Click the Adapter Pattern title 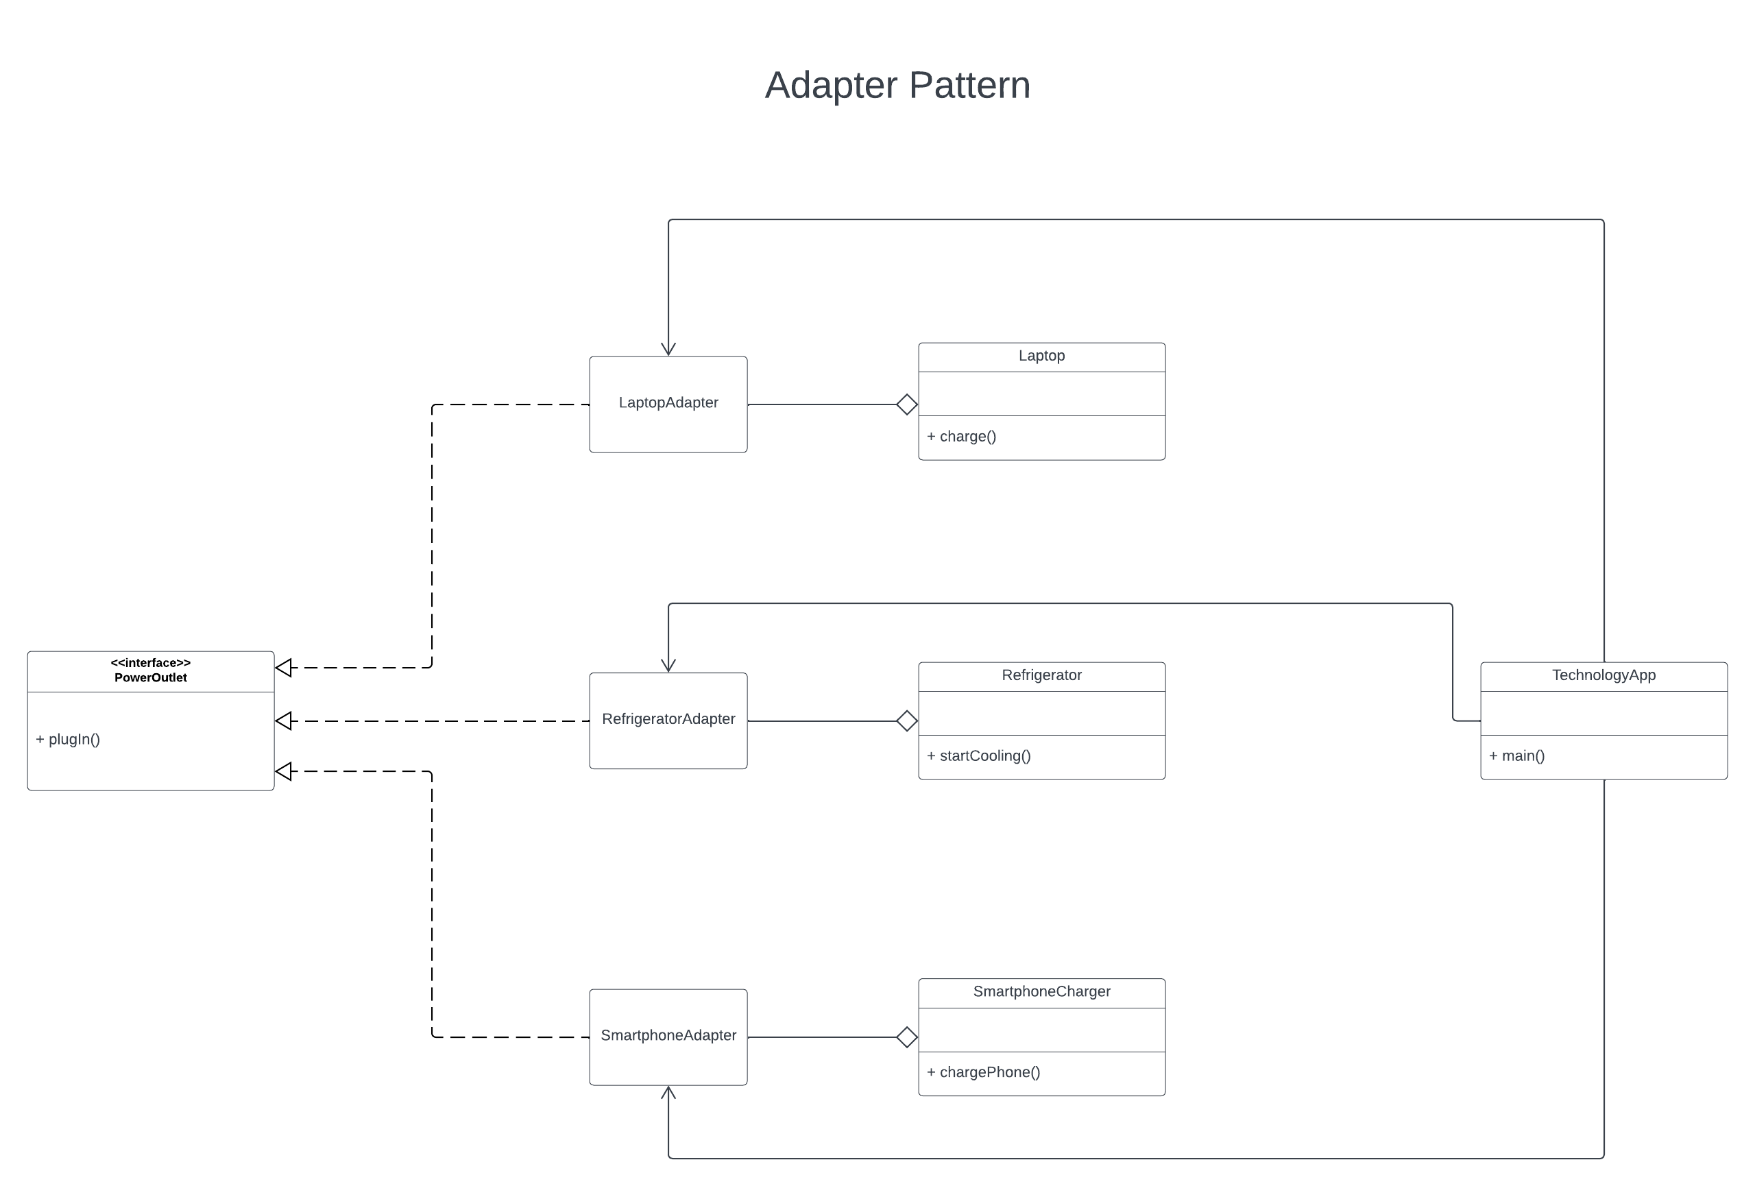pyautogui.click(x=897, y=84)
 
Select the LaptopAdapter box pyautogui.click(x=668, y=404)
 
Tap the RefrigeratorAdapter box pyautogui.click(x=668, y=721)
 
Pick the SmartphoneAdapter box pyautogui.click(x=668, y=1037)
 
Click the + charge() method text pyautogui.click(x=961, y=436)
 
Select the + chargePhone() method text pyautogui.click(x=983, y=1072)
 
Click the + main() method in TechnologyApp pyautogui.click(x=1516, y=755)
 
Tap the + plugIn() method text pyautogui.click(x=68, y=739)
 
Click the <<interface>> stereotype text pyautogui.click(x=150, y=662)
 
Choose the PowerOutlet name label pyautogui.click(x=150, y=677)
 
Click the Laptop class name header pyautogui.click(x=1041, y=356)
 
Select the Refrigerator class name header pyautogui.click(x=1041, y=675)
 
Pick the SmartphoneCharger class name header pyautogui.click(x=1041, y=991)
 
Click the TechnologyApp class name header pyautogui.click(x=1603, y=675)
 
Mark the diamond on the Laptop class pyautogui.click(x=907, y=404)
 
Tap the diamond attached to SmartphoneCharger pyautogui.click(x=907, y=1037)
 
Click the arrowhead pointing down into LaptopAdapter pyautogui.click(x=668, y=349)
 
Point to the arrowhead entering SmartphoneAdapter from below pyautogui.click(x=668, y=1093)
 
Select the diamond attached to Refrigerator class pyautogui.click(x=907, y=721)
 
